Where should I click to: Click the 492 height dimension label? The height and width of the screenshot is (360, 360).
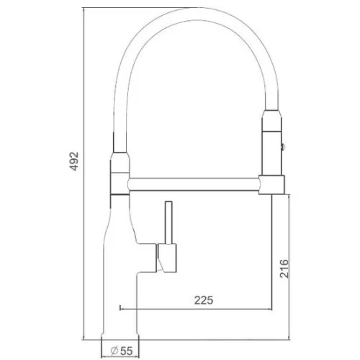click(x=74, y=161)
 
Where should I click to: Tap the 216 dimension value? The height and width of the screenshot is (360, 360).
click(x=284, y=269)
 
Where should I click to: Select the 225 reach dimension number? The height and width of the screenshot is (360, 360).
click(x=204, y=300)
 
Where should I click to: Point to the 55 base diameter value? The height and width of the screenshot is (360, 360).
click(x=126, y=351)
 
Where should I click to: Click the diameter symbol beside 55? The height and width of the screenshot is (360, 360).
click(x=114, y=351)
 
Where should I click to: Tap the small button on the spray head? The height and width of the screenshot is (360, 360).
click(x=283, y=146)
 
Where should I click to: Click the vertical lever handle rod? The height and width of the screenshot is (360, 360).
click(x=168, y=222)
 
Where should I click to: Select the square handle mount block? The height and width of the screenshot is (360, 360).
click(x=167, y=258)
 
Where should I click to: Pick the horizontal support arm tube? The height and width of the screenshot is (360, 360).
click(x=194, y=184)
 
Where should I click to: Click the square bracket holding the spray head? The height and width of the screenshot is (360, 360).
click(x=271, y=185)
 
